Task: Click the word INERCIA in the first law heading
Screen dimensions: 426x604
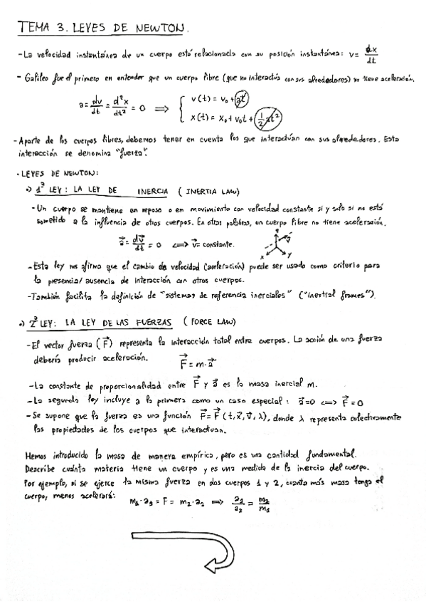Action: click(x=153, y=192)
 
